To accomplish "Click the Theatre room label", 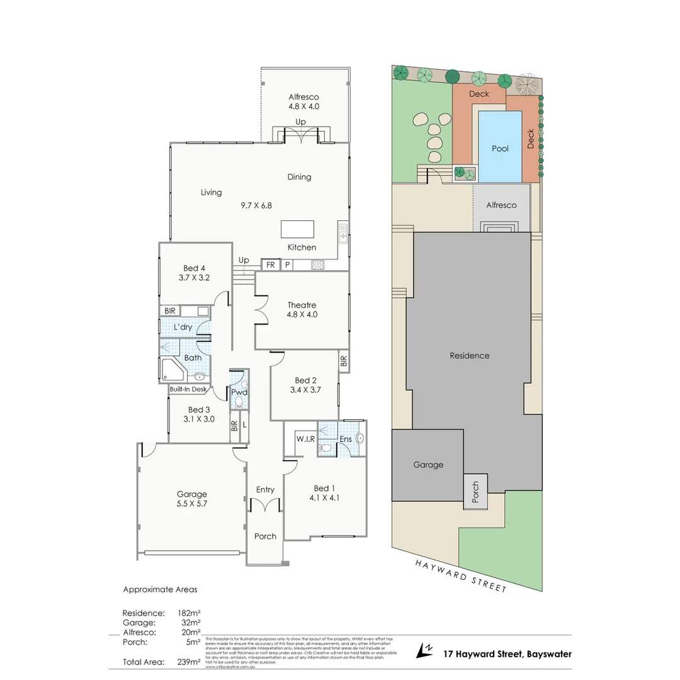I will click(302, 305).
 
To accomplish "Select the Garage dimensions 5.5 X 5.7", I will click(191, 504).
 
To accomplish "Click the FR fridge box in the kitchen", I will click(270, 265).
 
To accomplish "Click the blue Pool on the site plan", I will click(500, 148).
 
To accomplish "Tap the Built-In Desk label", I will click(188, 389).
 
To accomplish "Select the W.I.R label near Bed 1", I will click(305, 438).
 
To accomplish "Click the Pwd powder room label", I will click(239, 392).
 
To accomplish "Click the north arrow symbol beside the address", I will click(426, 649).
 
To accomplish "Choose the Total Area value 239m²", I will click(188, 662).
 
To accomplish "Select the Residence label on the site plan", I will click(469, 356).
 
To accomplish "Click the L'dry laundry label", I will click(183, 327).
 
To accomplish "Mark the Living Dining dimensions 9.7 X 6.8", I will click(256, 205).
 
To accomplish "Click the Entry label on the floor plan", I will click(265, 490).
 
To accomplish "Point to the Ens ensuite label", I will click(346, 439).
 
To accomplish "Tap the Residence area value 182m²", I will click(190, 613).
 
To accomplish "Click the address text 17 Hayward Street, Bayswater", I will click(507, 654).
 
